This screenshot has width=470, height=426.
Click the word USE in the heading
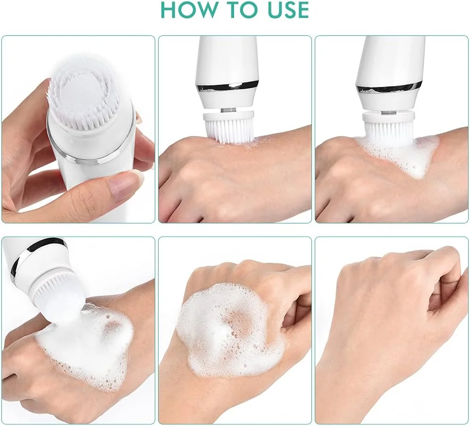pos(285,9)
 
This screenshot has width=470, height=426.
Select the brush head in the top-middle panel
pos(229,126)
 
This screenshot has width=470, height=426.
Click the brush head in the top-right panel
pos(389,126)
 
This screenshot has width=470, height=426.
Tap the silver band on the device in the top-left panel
pos(90,147)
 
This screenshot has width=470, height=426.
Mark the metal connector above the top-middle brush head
pos(229,111)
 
